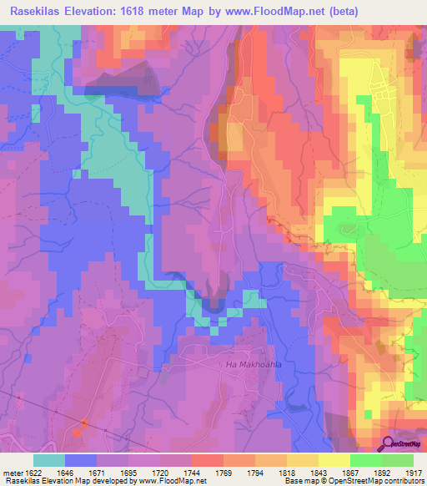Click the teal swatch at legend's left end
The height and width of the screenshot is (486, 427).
(x=49, y=460)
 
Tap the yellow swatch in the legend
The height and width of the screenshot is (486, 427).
(x=334, y=460)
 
